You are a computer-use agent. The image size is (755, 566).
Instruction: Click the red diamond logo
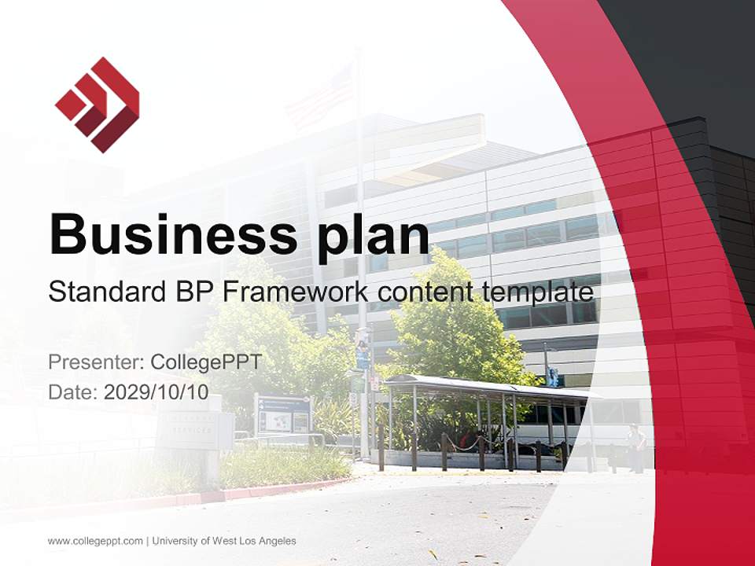pyautogui.click(x=97, y=105)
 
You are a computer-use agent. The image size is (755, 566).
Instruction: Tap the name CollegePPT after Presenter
pyautogui.click(x=205, y=362)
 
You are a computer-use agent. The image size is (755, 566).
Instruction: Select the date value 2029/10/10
pyautogui.click(x=157, y=392)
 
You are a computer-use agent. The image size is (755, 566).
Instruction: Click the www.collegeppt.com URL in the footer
pyautogui.click(x=95, y=541)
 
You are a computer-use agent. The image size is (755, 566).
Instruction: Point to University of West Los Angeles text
pyautogui.click(x=224, y=541)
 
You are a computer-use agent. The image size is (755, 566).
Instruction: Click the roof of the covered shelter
pyautogui.click(x=488, y=386)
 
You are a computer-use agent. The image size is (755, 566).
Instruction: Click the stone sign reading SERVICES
pyautogui.click(x=189, y=429)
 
